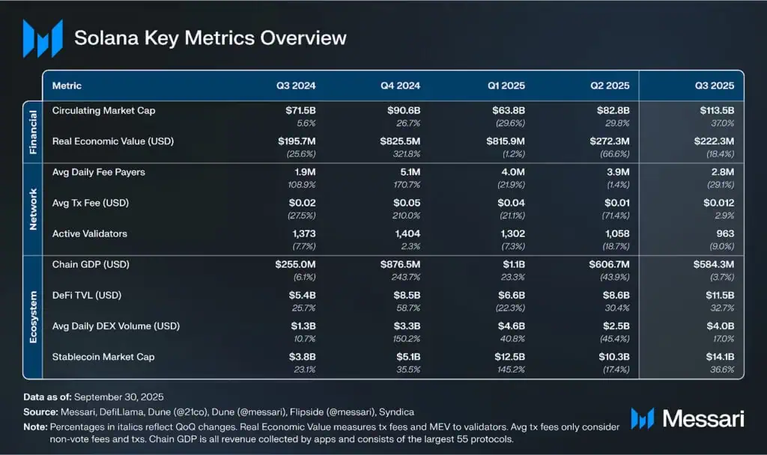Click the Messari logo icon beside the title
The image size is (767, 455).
42,38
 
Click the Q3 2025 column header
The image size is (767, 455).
713,86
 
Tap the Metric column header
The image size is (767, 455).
67,86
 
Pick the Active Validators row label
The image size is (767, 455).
90,233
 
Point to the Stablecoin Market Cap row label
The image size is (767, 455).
103,357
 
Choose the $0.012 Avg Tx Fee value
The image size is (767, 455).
718,203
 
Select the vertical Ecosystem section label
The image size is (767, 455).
33,317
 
